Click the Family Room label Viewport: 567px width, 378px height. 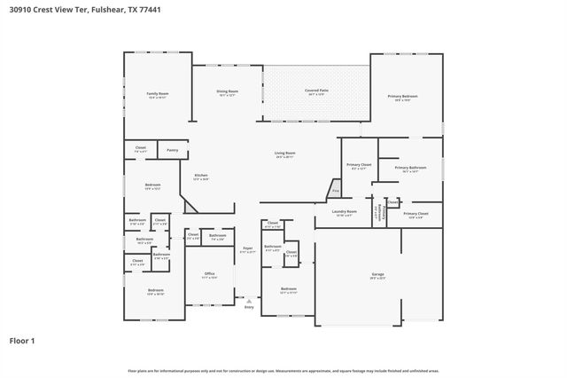point(157,93)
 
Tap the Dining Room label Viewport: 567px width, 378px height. point(228,91)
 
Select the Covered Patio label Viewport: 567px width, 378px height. point(316,91)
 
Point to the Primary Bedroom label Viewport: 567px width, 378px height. point(402,96)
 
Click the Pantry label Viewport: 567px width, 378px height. point(172,150)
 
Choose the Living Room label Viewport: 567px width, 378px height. point(284,154)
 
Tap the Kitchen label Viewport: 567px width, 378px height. point(201,177)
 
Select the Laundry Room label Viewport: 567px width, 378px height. point(344,212)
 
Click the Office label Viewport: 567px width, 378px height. point(209,273)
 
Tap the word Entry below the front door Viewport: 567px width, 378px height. point(248,307)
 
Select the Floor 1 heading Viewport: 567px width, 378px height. point(22,340)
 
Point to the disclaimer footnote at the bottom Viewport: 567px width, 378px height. point(283,370)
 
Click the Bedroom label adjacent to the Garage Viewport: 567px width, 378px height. point(289,289)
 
